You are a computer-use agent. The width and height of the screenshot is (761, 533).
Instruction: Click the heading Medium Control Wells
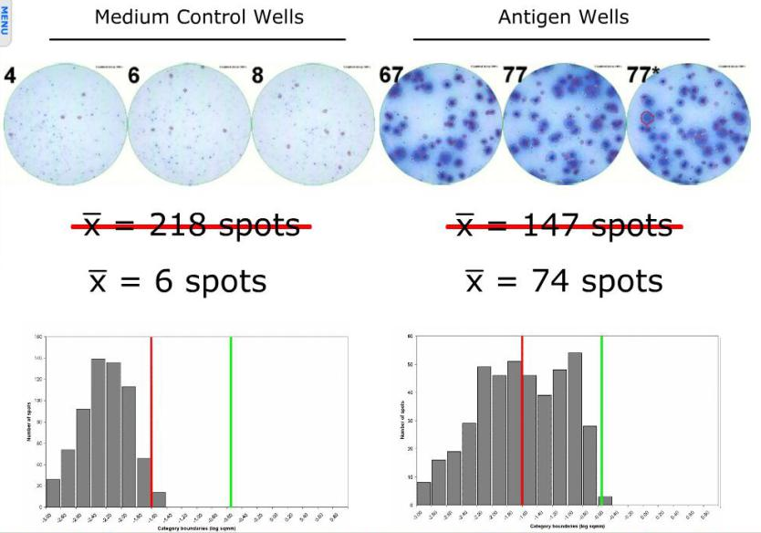click(x=199, y=17)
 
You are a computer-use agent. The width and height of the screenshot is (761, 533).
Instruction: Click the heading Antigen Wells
click(x=563, y=17)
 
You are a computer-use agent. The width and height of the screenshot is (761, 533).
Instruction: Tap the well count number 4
click(x=9, y=75)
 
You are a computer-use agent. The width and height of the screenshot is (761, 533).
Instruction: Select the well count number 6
click(x=134, y=75)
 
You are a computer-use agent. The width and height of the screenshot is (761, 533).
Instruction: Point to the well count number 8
click(x=257, y=75)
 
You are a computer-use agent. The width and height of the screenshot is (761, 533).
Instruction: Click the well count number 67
click(x=391, y=75)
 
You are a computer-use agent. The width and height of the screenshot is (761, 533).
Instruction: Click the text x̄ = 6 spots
click(x=178, y=280)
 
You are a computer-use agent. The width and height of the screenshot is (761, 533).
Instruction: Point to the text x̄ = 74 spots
click(x=564, y=280)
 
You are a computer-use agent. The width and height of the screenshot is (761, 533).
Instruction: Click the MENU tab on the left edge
click(x=5, y=21)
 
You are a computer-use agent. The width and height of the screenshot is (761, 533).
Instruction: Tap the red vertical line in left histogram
click(x=151, y=420)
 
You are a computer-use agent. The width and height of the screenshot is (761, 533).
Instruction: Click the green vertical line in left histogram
click(x=231, y=420)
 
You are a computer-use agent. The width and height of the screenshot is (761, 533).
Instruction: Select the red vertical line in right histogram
click(x=522, y=420)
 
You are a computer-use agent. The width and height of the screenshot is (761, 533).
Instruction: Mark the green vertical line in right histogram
click(x=601, y=420)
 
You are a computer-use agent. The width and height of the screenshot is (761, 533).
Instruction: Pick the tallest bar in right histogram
click(x=575, y=429)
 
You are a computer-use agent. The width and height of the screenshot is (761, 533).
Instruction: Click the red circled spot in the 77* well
click(x=647, y=118)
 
